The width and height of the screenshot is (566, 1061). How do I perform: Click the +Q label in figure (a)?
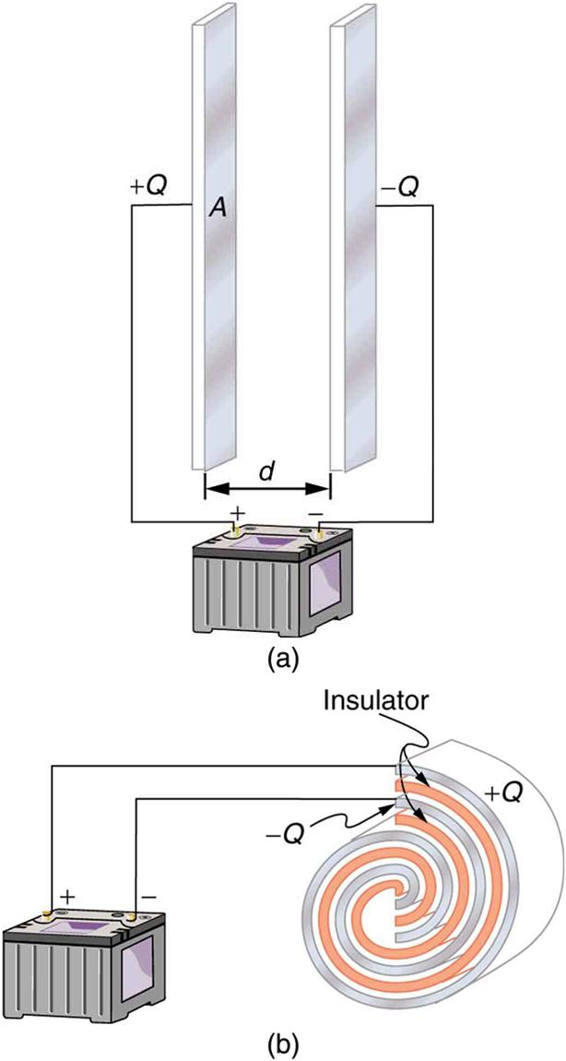pos(148,188)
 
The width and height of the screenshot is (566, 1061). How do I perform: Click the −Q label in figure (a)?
pos(399,188)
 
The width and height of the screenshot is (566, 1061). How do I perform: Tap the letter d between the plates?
pos(265,471)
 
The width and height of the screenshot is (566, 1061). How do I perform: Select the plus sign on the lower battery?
pos(67,895)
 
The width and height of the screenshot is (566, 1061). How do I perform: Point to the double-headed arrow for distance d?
pos(265,488)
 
